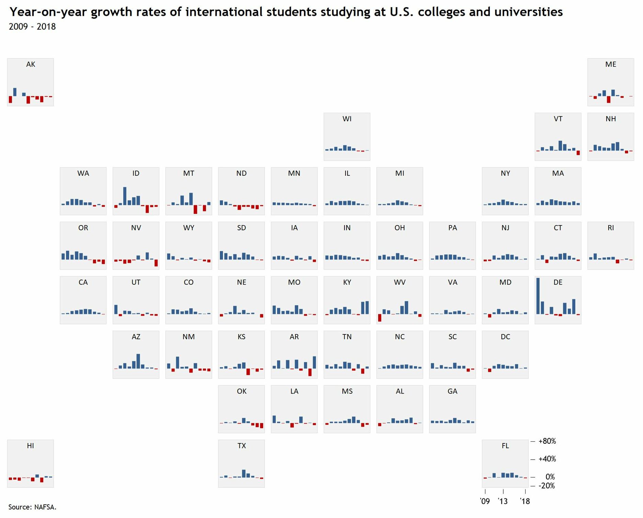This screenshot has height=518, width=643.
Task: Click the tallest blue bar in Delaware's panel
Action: point(538,296)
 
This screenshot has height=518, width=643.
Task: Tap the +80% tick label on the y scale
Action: point(547,441)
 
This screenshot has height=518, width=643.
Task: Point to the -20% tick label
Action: point(547,486)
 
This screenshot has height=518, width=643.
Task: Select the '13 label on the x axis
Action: point(503,501)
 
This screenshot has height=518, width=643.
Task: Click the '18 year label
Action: point(525,501)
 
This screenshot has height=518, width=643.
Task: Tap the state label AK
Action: point(31,64)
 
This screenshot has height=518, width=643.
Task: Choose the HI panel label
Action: point(31,446)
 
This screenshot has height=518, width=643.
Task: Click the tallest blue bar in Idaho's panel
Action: point(125,196)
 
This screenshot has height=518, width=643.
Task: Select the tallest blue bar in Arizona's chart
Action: point(138,361)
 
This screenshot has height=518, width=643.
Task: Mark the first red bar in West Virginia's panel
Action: point(380,318)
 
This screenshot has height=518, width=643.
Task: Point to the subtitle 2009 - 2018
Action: point(32,26)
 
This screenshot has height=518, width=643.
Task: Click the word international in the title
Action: point(224,12)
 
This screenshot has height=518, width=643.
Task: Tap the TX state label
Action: point(241,446)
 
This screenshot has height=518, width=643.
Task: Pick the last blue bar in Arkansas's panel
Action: point(314,362)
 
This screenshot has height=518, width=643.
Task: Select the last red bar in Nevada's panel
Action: point(156,263)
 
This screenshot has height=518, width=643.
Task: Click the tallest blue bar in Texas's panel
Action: point(244,473)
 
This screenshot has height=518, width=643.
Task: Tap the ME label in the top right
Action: point(611,64)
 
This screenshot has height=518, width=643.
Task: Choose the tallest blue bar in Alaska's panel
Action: point(15,92)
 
